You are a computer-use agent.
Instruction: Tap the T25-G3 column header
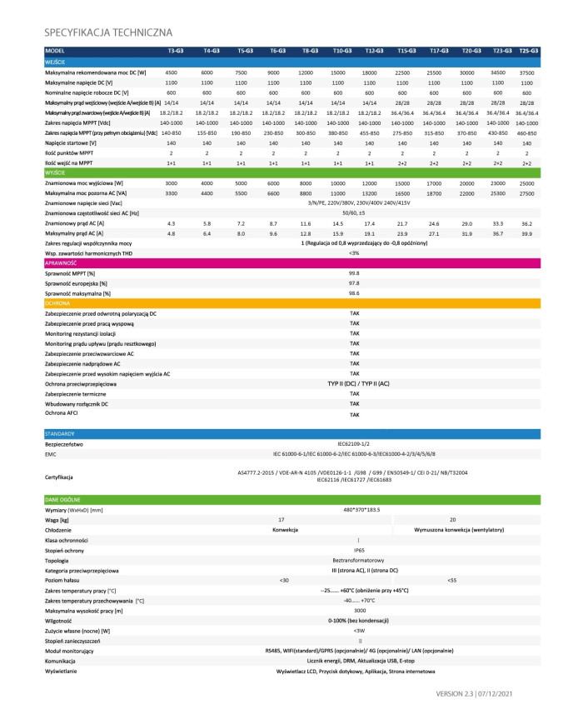[528, 52]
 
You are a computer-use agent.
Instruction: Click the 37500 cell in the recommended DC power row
[526, 73]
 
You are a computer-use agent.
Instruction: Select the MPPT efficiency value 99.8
[354, 273]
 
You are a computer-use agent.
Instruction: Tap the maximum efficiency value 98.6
[354, 293]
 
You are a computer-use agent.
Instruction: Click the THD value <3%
[354, 252]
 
